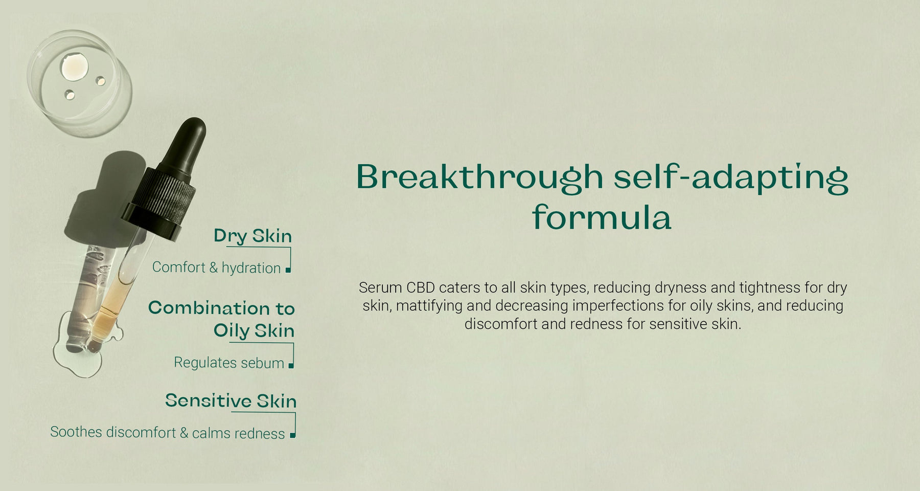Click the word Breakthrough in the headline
479,177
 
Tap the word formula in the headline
602,217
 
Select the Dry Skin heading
252,236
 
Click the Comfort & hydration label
216,267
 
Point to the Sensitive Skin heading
231,400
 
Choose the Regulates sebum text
229,363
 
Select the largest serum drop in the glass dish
74,67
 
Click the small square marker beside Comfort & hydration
288,270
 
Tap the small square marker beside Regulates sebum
291,365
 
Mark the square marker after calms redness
292,435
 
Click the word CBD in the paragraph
420,287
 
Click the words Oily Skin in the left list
254,331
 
